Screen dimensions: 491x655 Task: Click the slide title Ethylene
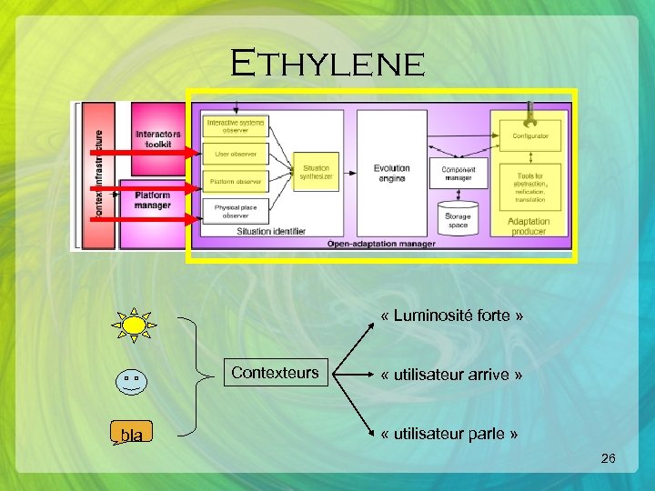[x=327, y=65]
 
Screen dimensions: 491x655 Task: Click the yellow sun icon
[x=135, y=325]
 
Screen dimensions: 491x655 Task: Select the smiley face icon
[x=132, y=380]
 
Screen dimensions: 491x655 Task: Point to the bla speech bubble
[x=131, y=435]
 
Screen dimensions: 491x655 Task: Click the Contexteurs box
[x=275, y=373]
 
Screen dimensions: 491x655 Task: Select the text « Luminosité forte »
[x=452, y=316]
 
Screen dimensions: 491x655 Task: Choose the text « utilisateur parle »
[x=450, y=434]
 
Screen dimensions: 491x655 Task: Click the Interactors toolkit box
[x=158, y=138]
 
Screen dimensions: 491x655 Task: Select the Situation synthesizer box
[x=316, y=172]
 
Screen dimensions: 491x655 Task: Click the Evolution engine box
[x=391, y=173]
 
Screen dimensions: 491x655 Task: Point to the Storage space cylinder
[x=458, y=216]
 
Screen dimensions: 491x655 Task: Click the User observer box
[x=235, y=154]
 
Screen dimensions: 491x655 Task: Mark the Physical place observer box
[x=235, y=211]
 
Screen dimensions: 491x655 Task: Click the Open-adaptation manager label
[x=381, y=244]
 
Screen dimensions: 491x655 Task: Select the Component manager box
[x=458, y=173]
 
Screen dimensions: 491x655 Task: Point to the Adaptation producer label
[x=529, y=226]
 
